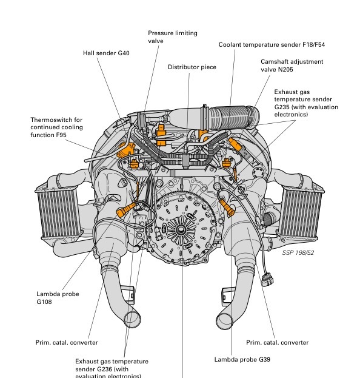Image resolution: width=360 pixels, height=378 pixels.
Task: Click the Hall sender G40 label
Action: coord(106,53)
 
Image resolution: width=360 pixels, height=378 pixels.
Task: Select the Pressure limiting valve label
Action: coord(173,37)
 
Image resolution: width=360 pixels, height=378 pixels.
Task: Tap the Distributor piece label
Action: coord(192,67)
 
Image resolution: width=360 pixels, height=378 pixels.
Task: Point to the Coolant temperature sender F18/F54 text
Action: coord(272,45)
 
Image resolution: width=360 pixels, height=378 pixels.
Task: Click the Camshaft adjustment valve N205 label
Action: coord(292,66)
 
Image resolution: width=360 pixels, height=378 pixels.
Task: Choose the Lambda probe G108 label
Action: coord(58,298)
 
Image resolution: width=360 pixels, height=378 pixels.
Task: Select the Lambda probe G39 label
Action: coord(242,359)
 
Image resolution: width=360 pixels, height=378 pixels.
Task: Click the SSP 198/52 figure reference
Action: coord(298,252)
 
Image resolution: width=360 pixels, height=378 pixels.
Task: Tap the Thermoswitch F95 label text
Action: coord(56,127)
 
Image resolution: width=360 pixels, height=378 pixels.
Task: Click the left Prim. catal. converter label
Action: coord(67,343)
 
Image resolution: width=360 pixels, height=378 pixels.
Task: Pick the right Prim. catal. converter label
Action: coord(277,343)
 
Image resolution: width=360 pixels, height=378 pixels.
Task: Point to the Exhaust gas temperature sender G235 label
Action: coord(306,103)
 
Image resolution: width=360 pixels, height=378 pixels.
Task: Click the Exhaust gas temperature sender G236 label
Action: coord(112,368)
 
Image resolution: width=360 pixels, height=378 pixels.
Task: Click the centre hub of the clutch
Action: coord(180,229)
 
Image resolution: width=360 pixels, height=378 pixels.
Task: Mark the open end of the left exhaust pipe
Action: coord(132,320)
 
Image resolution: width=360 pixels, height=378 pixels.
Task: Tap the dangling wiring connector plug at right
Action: coord(267,280)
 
